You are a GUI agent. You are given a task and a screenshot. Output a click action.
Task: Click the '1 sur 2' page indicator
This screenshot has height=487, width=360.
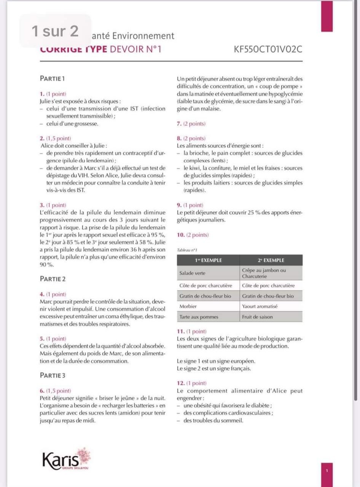click(55, 31)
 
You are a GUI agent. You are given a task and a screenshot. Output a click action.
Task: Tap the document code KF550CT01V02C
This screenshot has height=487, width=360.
click(269, 49)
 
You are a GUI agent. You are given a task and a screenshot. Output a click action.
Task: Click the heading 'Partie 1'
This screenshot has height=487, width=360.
click(53, 78)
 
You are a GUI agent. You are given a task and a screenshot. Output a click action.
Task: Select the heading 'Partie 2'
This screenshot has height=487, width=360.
click(53, 279)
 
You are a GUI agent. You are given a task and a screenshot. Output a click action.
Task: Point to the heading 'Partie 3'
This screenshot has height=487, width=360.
click(53, 375)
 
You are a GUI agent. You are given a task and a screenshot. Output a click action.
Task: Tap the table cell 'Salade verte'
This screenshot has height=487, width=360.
click(192, 273)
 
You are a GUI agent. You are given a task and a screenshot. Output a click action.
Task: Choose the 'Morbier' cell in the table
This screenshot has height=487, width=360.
click(188, 306)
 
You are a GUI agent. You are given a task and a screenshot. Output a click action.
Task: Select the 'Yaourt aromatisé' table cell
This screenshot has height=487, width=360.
click(260, 306)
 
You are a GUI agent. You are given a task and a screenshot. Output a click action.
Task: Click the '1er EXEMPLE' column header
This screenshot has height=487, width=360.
click(208, 260)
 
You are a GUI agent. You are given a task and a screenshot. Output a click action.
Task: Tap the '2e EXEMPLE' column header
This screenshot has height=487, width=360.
click(271, 260)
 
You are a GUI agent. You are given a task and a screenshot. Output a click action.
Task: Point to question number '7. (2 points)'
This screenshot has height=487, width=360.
click(191, 124)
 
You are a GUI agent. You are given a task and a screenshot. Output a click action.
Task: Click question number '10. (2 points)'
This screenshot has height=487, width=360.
click(193, 235)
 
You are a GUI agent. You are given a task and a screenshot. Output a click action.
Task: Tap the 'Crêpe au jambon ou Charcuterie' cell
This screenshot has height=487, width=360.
click(264, 273)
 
